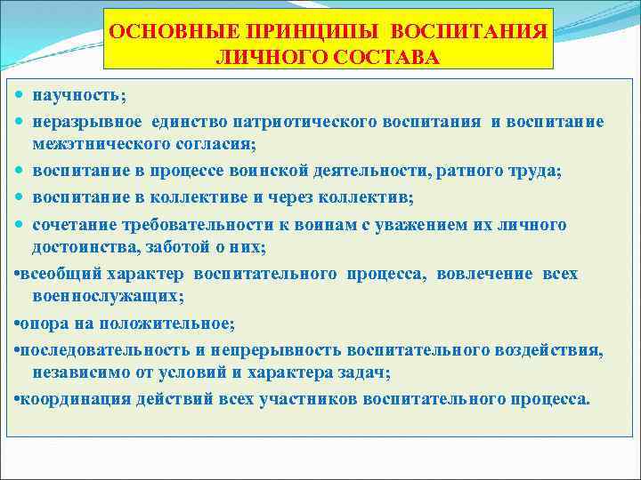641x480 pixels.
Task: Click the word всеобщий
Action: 60,274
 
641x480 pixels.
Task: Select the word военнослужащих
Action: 108,295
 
